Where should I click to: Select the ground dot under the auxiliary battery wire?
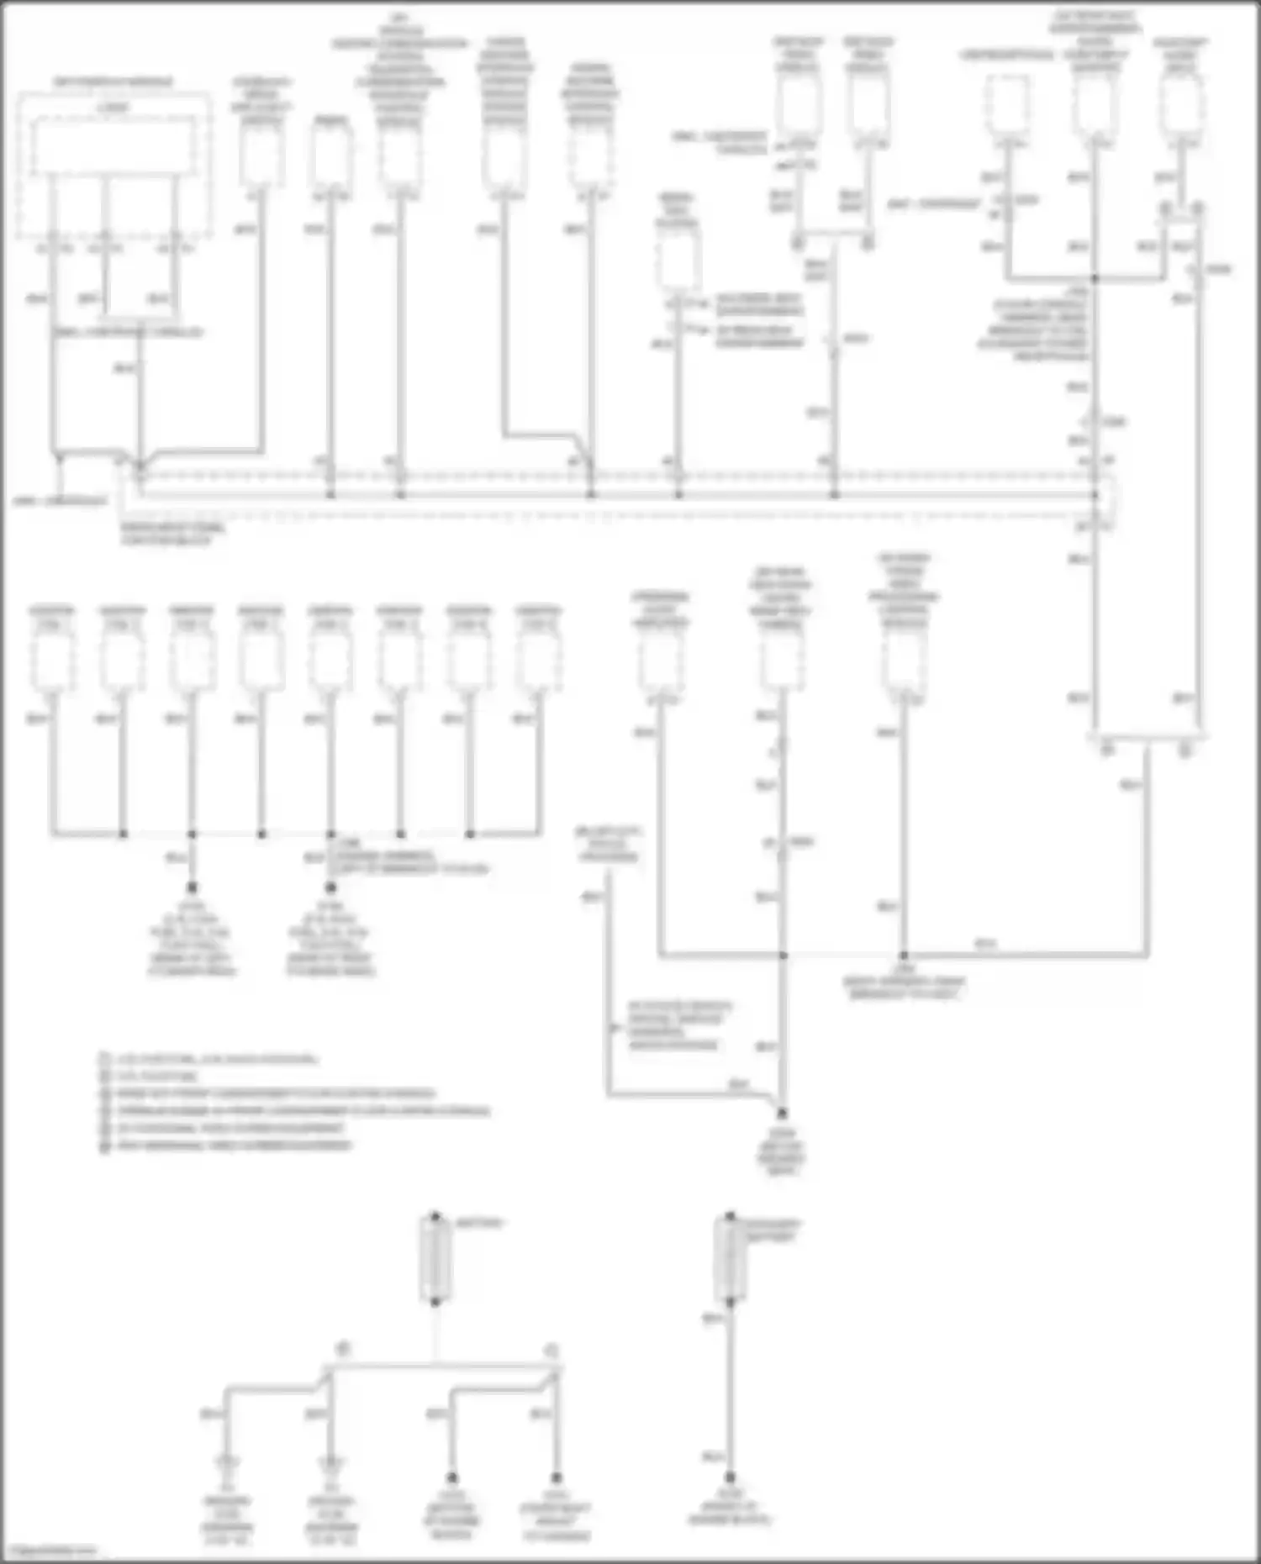point(730,1477)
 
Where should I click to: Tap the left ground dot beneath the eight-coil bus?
point(192,887)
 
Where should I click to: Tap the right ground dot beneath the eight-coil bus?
point(330,887)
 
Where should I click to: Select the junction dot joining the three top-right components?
point(1095,277)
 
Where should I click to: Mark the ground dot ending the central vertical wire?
point(782,1113)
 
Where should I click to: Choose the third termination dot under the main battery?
point(452,1477)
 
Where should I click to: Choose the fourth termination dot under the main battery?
point(556,1477)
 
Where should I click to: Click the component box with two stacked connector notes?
point(677,261)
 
